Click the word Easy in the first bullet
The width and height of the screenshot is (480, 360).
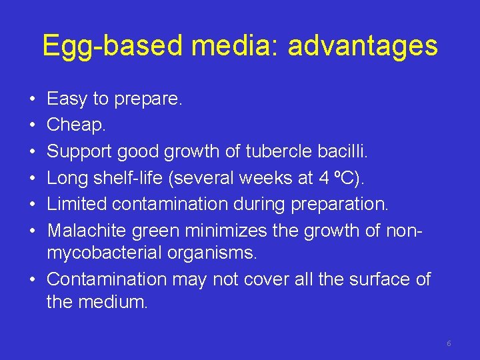click(67, 99)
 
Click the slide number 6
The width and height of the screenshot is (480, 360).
click(449, 343)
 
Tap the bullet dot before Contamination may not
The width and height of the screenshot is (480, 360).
click(32, 279)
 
